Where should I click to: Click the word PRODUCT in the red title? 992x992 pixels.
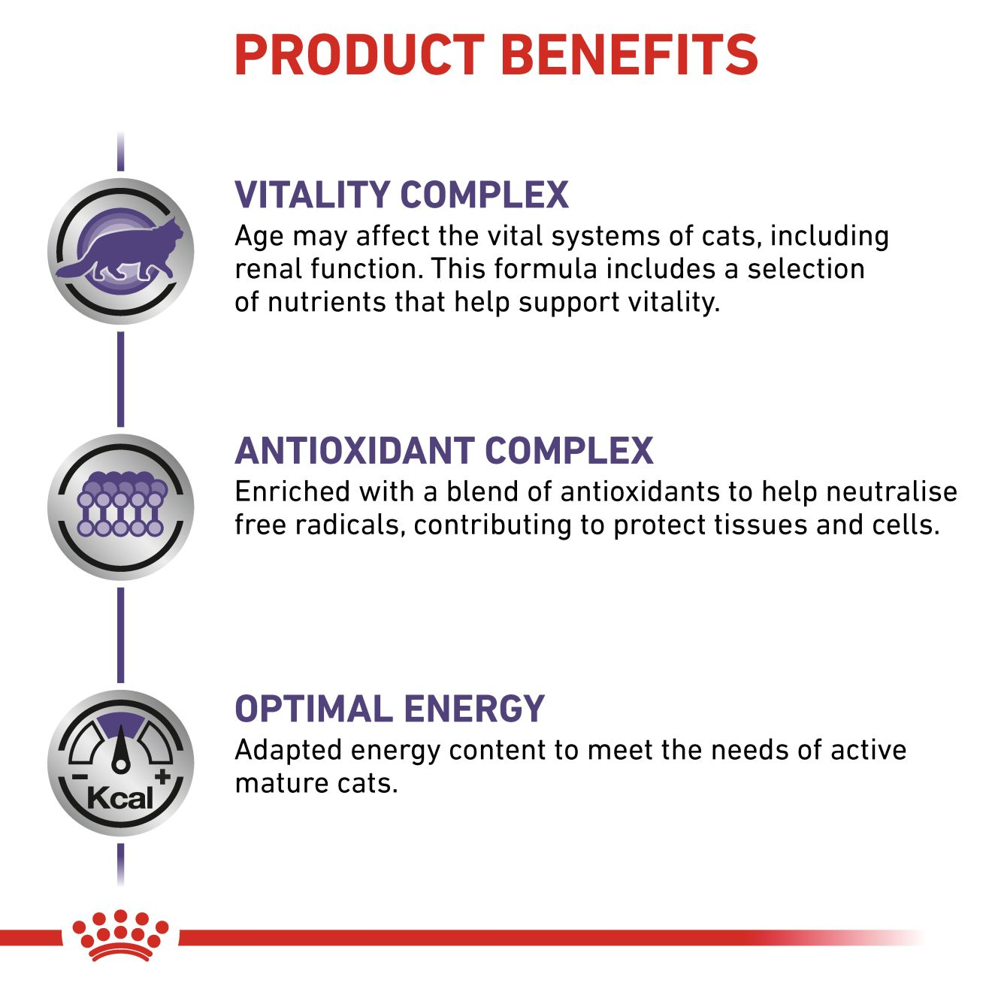359,56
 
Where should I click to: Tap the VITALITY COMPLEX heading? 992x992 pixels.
401,195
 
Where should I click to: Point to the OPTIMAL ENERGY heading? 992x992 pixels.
390,709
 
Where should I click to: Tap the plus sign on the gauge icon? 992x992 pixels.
162,776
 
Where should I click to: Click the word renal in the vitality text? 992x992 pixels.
268,269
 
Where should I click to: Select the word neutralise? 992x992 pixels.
891,491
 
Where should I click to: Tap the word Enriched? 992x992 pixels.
292,491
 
